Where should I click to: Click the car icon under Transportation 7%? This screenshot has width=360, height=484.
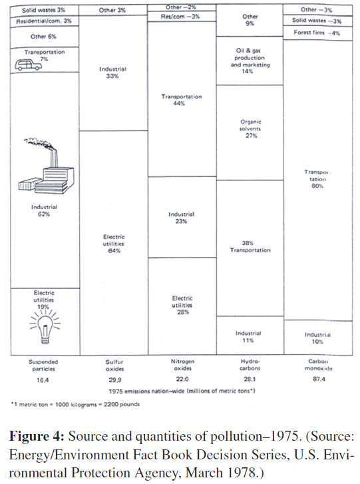[28, 65]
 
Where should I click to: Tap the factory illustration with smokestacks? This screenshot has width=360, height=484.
[47, 166]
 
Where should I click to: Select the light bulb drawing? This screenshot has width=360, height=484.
[45, 328]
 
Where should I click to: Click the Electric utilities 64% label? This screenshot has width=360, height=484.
[114, 244]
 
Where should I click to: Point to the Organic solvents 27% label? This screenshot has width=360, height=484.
[250, 128]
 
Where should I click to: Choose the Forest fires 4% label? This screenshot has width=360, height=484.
[317, 33]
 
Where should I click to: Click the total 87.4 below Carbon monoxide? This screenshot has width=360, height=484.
[319, 379]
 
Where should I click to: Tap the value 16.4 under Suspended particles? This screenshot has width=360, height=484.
[43, 380]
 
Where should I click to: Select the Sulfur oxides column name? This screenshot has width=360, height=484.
[114, 365]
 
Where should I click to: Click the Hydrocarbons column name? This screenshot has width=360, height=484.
[250, 365]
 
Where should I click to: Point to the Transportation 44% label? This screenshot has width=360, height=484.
[182, 100]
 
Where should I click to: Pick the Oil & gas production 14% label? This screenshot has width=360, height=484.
[250, 61]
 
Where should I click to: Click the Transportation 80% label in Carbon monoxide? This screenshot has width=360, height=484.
[317, 178]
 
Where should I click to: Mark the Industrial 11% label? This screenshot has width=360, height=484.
[248, 337]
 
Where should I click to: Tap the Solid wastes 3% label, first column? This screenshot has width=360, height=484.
[43, 10]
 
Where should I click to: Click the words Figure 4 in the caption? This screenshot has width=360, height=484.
[37, 437]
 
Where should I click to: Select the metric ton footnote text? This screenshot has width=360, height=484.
[75, 404]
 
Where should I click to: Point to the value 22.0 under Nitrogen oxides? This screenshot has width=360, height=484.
[182, 379]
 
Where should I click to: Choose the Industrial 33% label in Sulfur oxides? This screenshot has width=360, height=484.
[112, 73]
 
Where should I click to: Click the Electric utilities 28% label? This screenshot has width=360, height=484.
[182, 306]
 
